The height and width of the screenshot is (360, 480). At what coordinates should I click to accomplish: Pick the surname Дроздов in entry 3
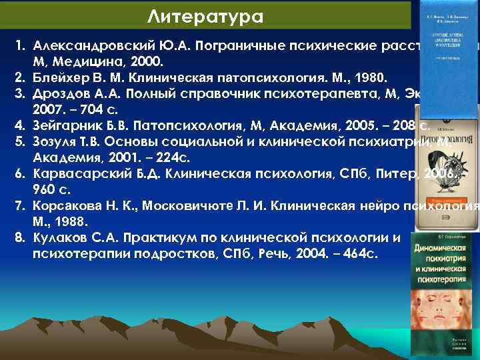pos(59,92)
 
